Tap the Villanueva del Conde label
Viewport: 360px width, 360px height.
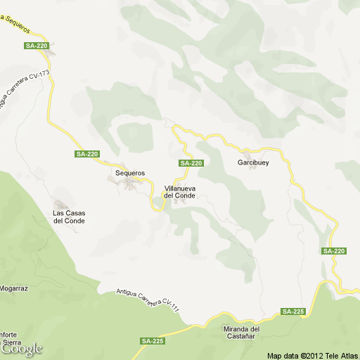(179, 192)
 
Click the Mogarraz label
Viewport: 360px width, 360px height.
(13, 288)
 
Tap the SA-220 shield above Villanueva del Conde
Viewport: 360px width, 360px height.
(191, 163)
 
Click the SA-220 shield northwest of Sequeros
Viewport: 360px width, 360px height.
(87, 154)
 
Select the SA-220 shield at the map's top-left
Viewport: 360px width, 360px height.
(36, 46)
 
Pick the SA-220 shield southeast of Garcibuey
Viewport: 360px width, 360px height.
(334, 251)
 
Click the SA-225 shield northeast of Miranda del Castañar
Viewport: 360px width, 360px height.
(292, 311)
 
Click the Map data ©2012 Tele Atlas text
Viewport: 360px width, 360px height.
(312, 355)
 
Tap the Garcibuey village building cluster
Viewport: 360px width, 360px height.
(247, 153)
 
